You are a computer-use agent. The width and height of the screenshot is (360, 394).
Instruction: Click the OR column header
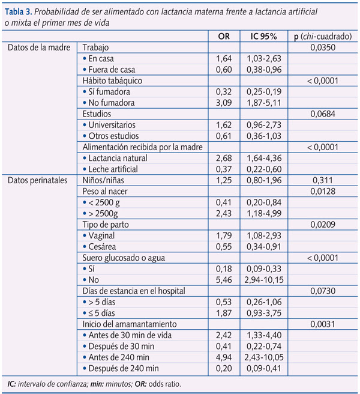tap(224, 37)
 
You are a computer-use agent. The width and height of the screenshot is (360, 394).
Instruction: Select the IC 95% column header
tap(263, 37)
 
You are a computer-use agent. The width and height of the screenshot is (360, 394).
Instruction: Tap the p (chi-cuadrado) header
tap(323, 37)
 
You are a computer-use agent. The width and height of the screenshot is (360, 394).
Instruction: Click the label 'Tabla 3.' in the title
tap(19, 11)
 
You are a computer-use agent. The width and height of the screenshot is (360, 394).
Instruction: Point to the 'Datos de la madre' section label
tap(39, 47)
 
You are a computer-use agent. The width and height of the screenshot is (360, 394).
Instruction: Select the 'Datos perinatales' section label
tap(38, 180)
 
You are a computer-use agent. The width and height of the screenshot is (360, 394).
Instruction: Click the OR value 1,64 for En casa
tap(224, 58)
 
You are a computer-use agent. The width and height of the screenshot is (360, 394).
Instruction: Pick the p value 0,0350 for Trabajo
tap(323, 47)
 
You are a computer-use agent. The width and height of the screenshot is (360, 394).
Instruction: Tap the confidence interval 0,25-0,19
tap(264, 92)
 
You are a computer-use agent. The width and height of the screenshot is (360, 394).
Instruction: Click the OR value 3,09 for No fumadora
tap(224, 103)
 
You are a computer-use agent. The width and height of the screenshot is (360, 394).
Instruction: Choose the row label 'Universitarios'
tap(112, 125)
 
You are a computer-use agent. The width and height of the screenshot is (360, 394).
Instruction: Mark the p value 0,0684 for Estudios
tap(323, 114)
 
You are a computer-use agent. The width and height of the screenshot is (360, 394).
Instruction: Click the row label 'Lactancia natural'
tap(118, 158)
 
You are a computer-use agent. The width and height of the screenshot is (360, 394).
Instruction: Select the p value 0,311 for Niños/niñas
tap(323, 180)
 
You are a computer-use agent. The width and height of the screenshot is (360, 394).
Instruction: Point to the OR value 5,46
tap(224, 280)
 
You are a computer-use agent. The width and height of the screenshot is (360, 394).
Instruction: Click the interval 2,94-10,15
tap(264, 280)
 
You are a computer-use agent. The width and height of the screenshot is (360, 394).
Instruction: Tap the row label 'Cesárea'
tap(102, 246)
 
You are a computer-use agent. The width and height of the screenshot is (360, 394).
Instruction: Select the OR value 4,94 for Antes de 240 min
tap(224, 357)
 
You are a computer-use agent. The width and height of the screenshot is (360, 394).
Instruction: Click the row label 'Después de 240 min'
tap(124, 368)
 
